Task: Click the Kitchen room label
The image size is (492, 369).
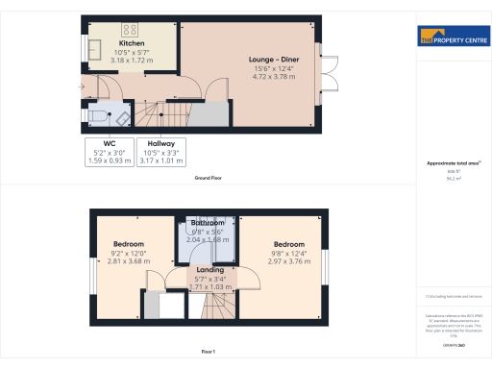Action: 132,44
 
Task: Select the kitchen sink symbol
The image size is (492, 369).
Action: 95,48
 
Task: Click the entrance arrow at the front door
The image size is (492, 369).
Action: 82,87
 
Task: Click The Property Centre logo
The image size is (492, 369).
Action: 452,38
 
